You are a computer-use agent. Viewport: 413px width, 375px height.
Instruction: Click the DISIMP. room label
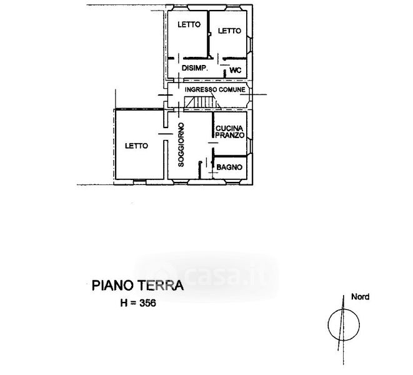195,68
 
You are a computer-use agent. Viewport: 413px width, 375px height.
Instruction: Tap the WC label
236,71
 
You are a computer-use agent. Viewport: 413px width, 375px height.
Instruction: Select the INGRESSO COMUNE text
215,89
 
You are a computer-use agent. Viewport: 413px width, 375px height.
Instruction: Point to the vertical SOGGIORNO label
181,144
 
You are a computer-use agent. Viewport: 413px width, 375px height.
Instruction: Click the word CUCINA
229,129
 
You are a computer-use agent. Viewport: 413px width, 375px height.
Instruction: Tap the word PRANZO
230,135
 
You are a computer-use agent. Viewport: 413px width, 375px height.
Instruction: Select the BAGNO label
229,167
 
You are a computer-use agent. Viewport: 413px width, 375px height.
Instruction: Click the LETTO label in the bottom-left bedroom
136,146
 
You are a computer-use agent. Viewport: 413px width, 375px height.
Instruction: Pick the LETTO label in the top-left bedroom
189,24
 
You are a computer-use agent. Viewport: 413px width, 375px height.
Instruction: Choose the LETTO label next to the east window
230,31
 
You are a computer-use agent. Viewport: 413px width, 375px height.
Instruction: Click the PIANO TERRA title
137,286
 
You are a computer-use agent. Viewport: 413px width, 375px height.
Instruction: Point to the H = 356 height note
138,303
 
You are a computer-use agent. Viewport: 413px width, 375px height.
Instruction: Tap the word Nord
361,297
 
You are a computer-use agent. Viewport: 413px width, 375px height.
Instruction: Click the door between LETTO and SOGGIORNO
166,134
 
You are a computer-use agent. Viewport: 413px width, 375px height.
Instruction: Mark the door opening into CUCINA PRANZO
213,142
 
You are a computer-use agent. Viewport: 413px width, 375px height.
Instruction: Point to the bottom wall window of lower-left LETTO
139,182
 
